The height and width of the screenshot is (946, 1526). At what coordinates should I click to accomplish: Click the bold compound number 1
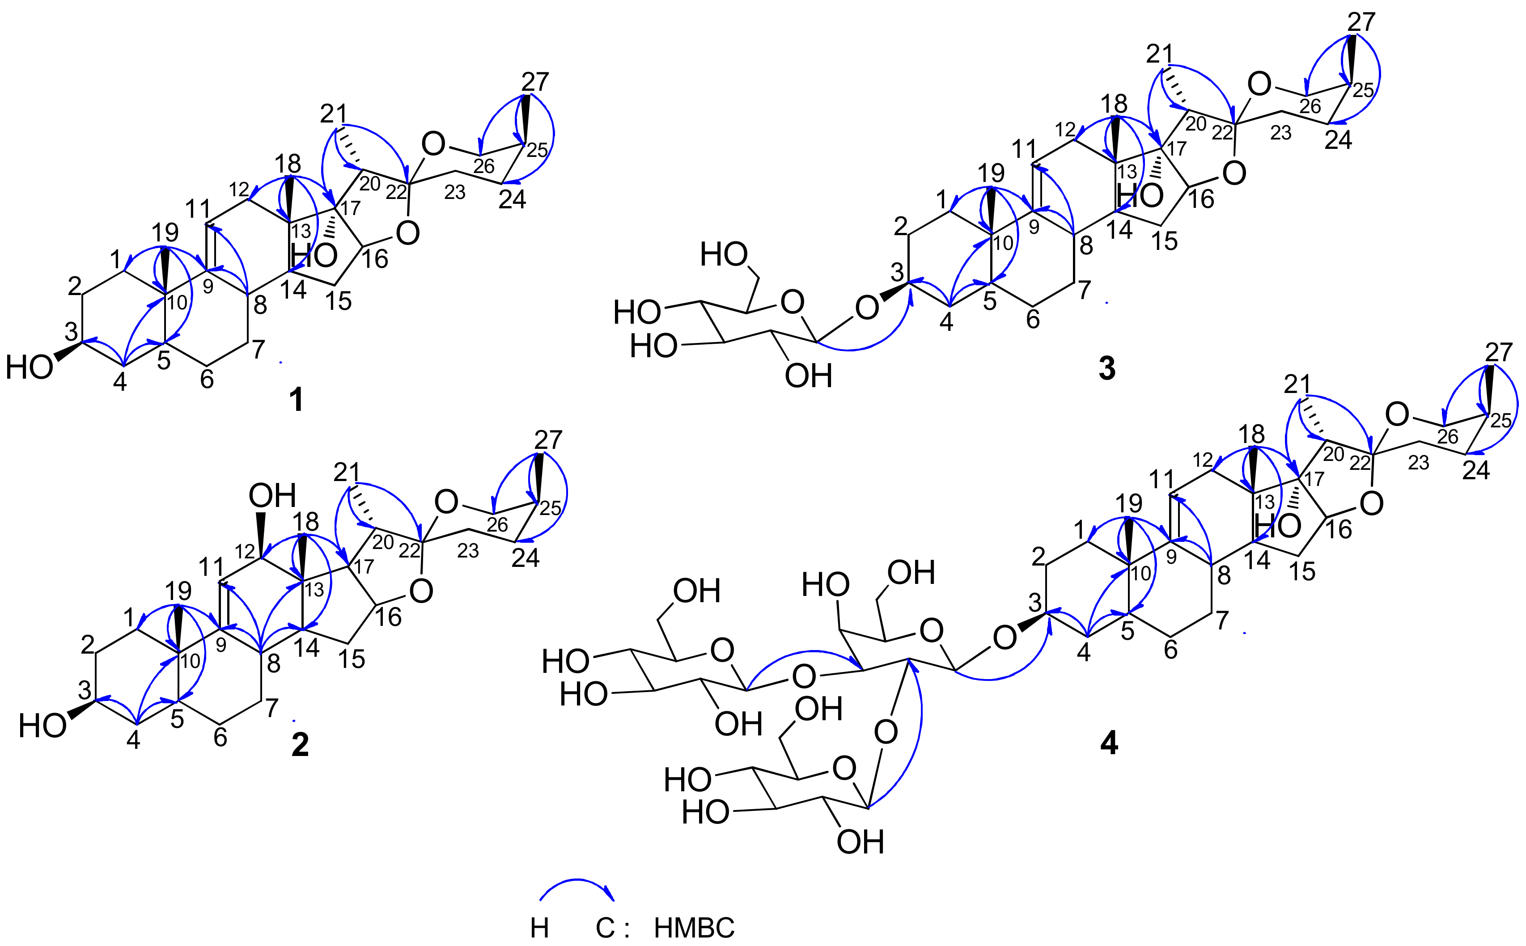click(x=297, y=399)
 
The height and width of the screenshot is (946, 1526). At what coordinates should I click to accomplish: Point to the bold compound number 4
click(x=1109, y=743)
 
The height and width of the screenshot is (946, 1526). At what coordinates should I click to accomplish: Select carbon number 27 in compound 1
click(x=535, y=82)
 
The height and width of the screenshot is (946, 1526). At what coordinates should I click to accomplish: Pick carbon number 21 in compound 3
click(x=1159, y=55)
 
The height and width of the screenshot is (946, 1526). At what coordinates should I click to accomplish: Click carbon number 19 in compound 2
click(x=178, y=591)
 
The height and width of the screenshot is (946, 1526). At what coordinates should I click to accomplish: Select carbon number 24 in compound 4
click(x=1475, y=470)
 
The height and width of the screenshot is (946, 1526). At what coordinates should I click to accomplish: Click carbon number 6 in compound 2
click(x=220, y=738)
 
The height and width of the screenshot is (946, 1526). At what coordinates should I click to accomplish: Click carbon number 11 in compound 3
click(x=1024, y=149)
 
